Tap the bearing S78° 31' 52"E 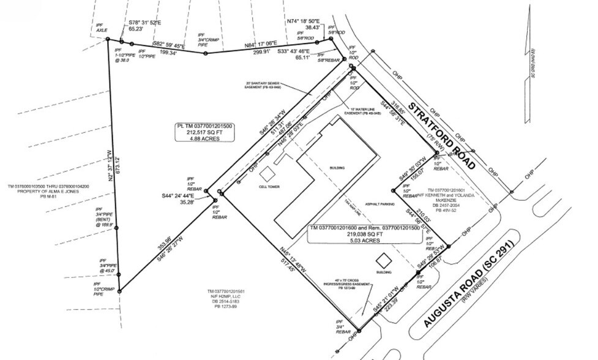(145, 23)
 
